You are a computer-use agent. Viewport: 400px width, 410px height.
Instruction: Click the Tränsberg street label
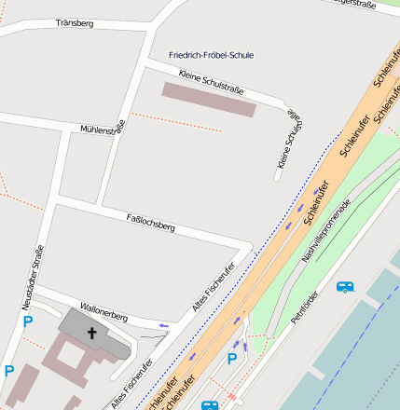coord(75,22)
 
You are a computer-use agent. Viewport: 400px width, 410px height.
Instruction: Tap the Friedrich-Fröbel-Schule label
coord(212,55)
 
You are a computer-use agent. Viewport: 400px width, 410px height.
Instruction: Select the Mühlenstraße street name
coord(103,130)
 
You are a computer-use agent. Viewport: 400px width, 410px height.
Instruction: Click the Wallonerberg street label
coord(103,311)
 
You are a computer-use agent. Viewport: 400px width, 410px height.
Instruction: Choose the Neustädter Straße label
coord(33,277)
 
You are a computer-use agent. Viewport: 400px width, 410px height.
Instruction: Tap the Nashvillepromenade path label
coord(326,229)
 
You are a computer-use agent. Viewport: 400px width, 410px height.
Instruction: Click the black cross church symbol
coord(92,332)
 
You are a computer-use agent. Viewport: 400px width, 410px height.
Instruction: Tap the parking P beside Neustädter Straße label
coord(27,321)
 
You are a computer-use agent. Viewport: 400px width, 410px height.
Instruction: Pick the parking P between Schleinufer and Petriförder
coord(232,359)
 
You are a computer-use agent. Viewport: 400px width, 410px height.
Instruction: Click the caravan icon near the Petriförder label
coord(345,287)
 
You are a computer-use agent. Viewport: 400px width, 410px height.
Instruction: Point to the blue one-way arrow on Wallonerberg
coord(163,325)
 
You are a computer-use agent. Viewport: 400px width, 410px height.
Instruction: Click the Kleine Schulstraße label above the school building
coord(211,83)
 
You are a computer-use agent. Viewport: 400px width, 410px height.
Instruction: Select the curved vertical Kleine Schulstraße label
coord(290,139)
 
